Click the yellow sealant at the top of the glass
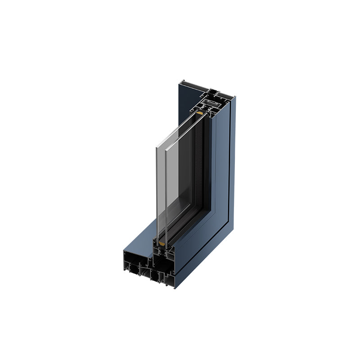200,112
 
